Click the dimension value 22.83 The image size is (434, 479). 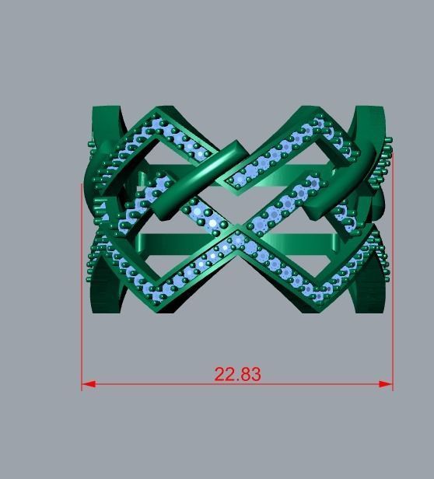click(237, 374)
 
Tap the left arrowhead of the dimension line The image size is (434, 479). click(87, 384)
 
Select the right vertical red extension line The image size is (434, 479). click(393, 272)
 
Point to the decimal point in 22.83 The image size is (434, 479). click(237, 380)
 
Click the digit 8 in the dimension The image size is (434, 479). click(245, 374)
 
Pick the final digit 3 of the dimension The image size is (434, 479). click(255, 374)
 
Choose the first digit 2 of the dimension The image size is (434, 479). click(220, 374)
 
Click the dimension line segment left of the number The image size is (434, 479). click(148, 384)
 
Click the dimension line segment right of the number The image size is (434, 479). click(327, 384)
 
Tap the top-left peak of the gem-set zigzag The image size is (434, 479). click(159, 114)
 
